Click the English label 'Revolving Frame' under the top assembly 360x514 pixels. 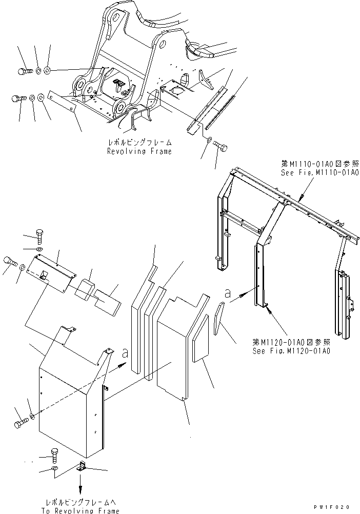pyautogui.click(x=139, y=151)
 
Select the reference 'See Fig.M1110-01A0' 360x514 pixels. pyautogui.click(x=319, y=173)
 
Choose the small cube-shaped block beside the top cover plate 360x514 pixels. pyautogui.click(x=84, y=289)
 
